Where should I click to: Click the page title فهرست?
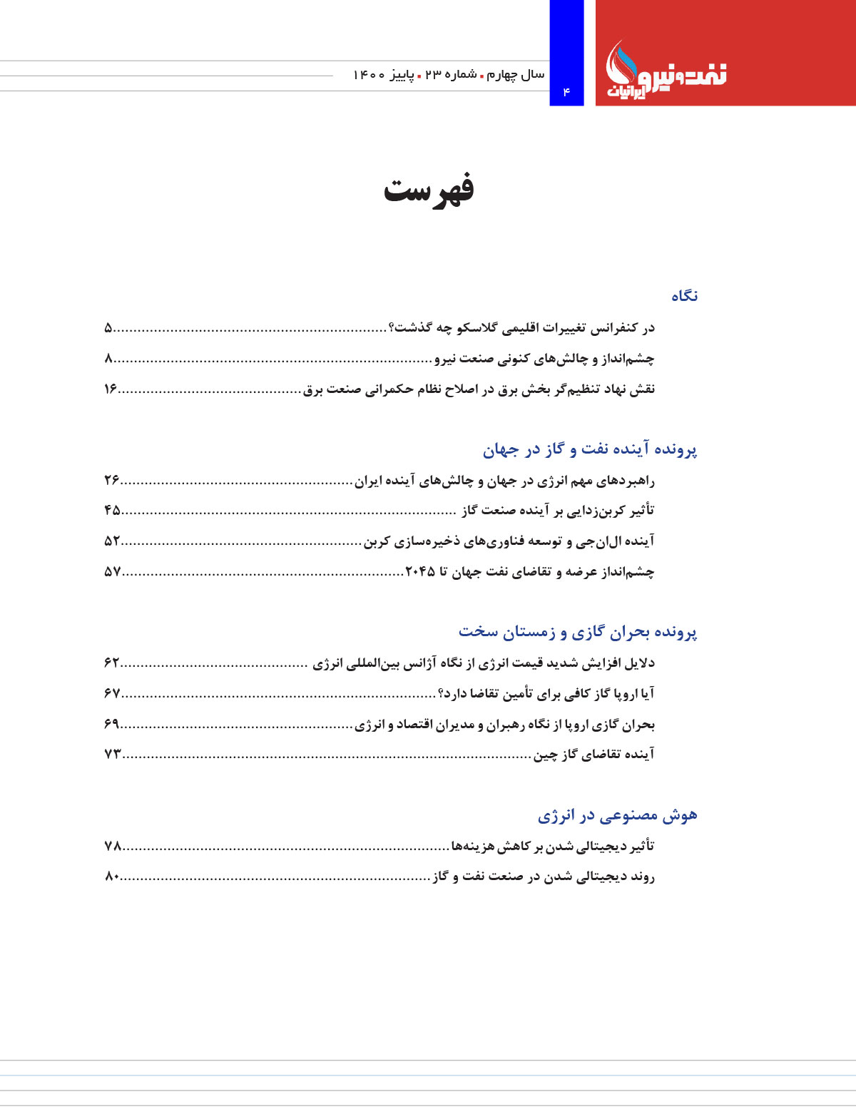coord(429,190)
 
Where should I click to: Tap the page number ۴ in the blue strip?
coord(566,91)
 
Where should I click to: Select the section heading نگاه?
coord(684,296)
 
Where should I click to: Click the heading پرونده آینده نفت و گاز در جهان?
coord(590,449)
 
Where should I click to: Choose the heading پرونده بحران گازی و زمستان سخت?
coord(578,632)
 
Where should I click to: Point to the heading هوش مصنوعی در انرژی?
coord(617,815)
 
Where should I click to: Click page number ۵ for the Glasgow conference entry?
coord(108,328)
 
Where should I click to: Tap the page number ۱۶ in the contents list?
coord(111,389)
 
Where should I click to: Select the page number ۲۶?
coord(112,481)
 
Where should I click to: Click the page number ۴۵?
coord(112,511)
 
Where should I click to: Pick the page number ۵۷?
coord(112,572)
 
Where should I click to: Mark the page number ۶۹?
coord(112,725)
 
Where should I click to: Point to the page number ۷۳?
coord(112,755)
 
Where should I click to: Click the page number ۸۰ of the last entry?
coord(112,877)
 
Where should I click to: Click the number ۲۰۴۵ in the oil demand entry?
coord(420,572)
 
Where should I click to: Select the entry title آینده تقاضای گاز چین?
coord(594,755)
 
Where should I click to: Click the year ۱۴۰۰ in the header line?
coord(370,75)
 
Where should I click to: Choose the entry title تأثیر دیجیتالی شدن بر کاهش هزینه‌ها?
coord(553,847)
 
